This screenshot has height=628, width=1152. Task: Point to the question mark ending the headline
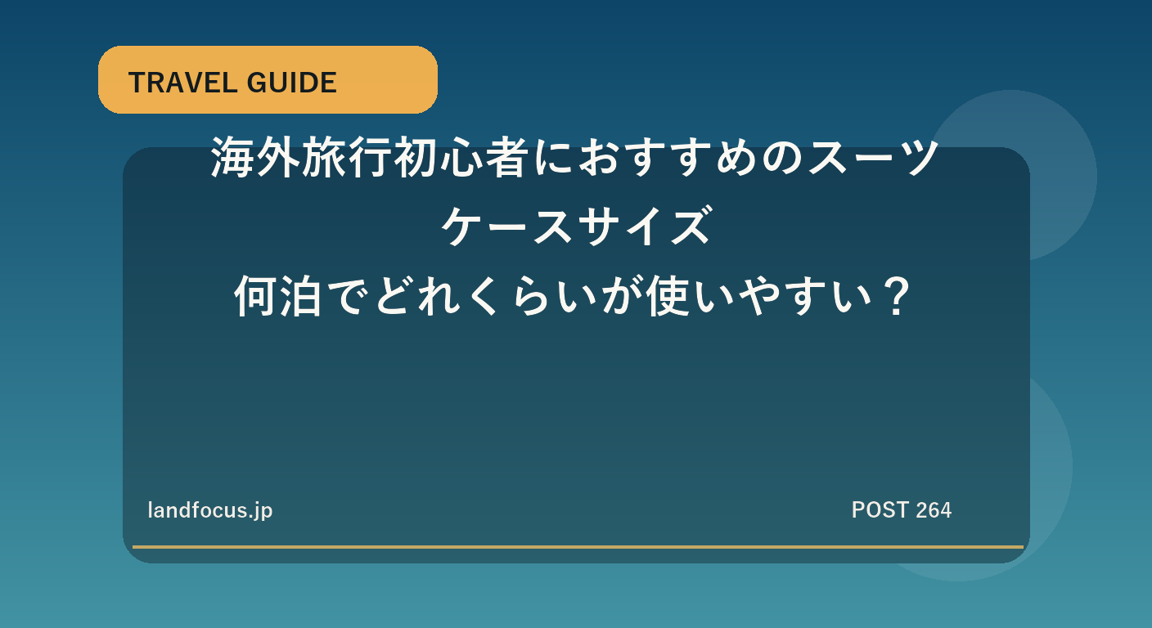coord(897,297)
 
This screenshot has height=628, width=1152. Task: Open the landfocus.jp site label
coord(210,510)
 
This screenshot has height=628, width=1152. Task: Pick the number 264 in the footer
coord(934,510)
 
